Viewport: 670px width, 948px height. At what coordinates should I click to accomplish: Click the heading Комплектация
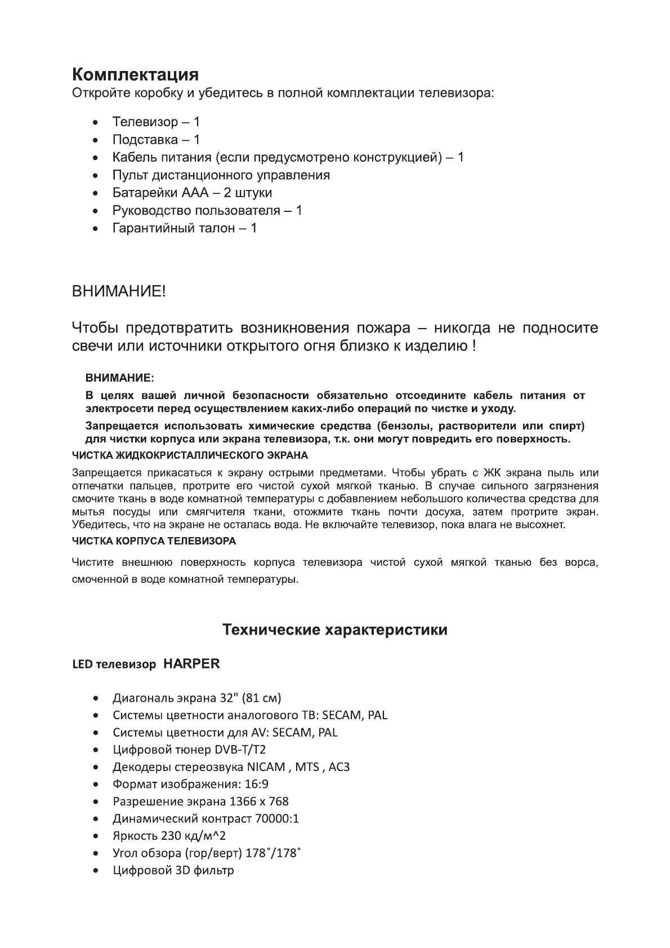click(x=135, y=74)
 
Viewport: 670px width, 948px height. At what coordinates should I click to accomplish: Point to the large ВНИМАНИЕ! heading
click(x=119, y=292)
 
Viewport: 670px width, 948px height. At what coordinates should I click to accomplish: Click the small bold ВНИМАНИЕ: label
click(x=119, y=376)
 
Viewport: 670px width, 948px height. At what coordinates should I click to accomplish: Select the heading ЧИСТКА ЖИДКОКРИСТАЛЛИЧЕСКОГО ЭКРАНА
click(x=190, y=455)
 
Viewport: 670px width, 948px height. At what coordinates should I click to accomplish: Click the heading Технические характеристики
click(x=335, y=630)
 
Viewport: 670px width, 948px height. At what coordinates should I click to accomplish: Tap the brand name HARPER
click(x=191, y=664)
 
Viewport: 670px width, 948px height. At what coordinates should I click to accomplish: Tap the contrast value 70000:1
click(x=277, y=818)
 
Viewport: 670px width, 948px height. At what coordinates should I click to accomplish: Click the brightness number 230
click(x=171, y=836)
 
